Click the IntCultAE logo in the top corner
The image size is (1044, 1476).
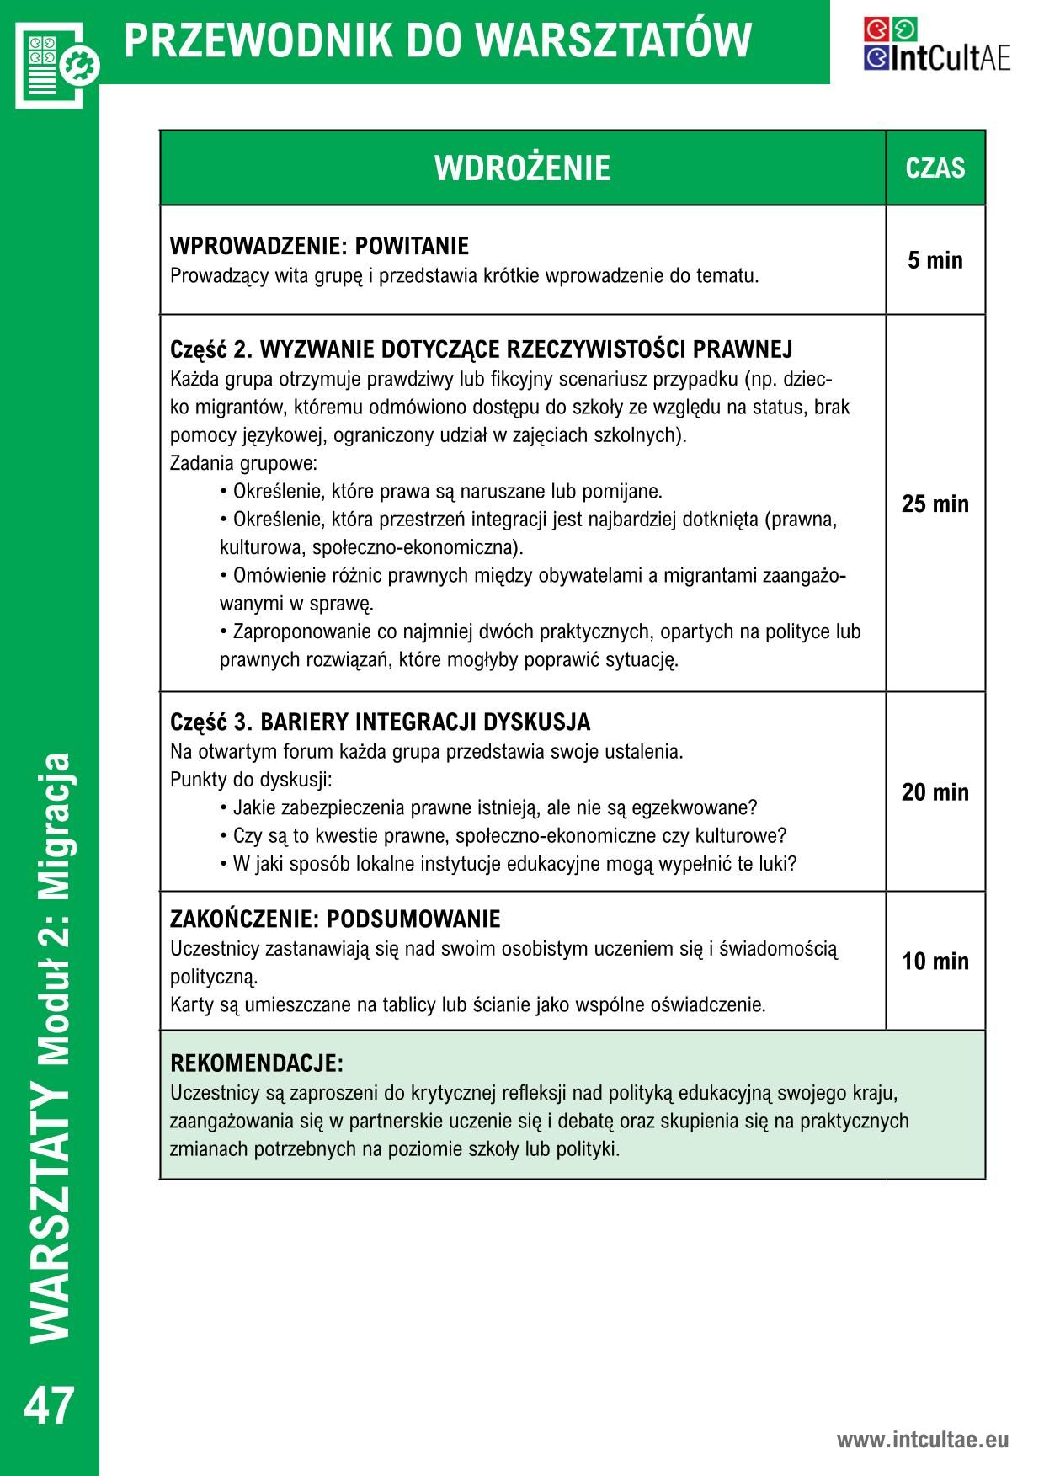936,45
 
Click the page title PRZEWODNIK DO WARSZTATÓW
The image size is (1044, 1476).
438,40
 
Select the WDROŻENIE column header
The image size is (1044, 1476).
522,168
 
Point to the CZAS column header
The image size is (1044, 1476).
935,168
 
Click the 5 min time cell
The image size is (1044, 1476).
935,260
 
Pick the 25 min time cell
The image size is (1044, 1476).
935,504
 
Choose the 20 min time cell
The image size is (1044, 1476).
935,791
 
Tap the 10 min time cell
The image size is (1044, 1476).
935,961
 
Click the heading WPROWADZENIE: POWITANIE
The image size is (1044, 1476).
319,247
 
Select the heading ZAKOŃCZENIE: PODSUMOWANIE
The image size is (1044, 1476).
335,919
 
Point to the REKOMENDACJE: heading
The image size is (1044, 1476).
257,1063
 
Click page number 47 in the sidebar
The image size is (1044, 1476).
50,1406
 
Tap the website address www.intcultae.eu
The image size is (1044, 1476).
922,1440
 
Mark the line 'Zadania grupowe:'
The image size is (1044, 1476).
243,463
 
